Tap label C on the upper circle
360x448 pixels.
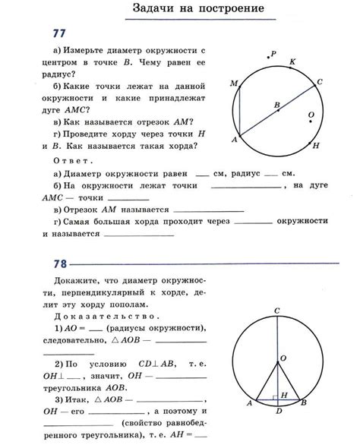[320, 81]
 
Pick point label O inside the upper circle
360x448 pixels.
[311, 115]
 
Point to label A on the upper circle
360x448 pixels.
[233, 140]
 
